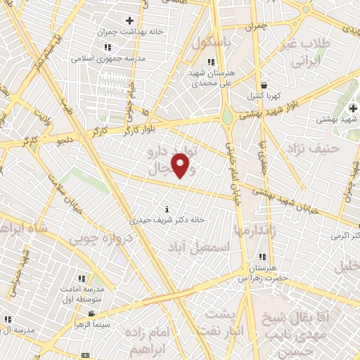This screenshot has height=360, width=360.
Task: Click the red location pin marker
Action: click(x=181, y=166)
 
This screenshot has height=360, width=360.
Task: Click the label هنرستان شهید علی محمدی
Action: click(x=208, y=77)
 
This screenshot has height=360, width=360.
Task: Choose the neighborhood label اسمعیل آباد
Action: click(x=200, y=247)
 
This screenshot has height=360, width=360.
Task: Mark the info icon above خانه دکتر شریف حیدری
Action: click(x=166, y=209)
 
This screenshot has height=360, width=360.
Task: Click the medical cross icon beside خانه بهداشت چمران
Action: click(x=129, y=21)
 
